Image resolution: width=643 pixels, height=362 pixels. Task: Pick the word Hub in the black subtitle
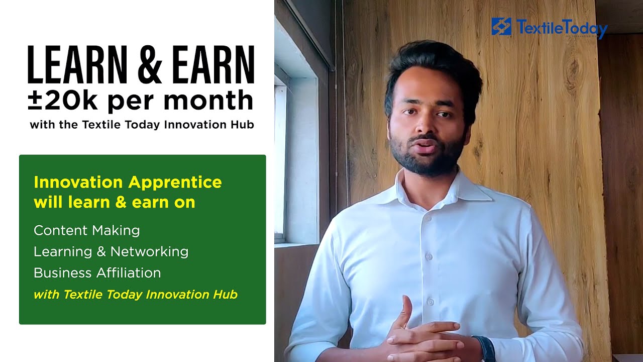tap(243, 125)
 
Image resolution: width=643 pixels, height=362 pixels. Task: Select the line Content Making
tap(86, 231)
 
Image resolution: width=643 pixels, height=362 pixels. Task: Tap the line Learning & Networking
tap(111, 251)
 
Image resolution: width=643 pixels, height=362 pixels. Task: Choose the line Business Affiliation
tap(97, 273)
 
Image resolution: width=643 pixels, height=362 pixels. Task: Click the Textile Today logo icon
tap(501, 26)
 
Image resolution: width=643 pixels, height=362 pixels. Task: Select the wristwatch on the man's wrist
tap(486, 348)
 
